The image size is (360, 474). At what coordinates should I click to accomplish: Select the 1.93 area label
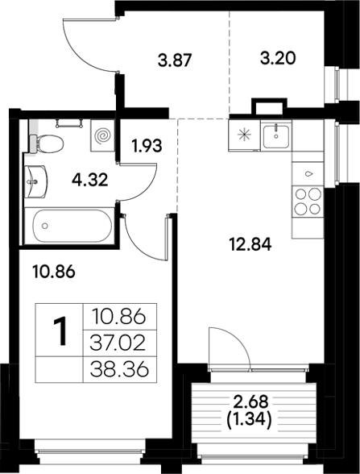pos(148,147)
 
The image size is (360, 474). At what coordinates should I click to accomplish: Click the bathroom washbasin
pos(35,181)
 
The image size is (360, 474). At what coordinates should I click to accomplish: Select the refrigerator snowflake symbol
pos(242,133)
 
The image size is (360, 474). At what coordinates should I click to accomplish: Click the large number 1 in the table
pos(60,332)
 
